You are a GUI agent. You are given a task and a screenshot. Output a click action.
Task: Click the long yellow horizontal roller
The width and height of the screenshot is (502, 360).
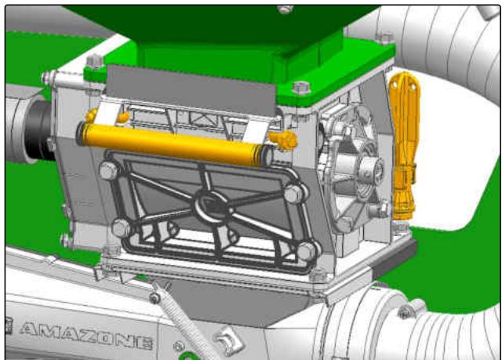tap(174, 144)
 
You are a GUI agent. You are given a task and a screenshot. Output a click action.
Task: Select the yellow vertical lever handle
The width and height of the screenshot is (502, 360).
tap(404, 144)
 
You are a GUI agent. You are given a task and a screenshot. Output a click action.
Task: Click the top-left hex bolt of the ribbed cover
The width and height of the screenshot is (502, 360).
tap(109, 170)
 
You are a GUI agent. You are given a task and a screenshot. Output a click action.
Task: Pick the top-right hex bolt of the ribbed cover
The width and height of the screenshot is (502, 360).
tap(293, 193)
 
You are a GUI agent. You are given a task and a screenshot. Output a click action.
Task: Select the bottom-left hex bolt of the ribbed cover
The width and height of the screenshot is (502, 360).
tap(122, 228)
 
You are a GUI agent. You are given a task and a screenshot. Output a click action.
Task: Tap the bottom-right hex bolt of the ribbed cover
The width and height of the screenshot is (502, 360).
tap(307, 251)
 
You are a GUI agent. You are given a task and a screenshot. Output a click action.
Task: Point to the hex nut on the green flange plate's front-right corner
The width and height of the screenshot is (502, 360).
tap(301, 88)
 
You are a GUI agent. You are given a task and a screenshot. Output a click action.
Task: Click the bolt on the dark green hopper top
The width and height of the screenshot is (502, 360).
tap(285, 9)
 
